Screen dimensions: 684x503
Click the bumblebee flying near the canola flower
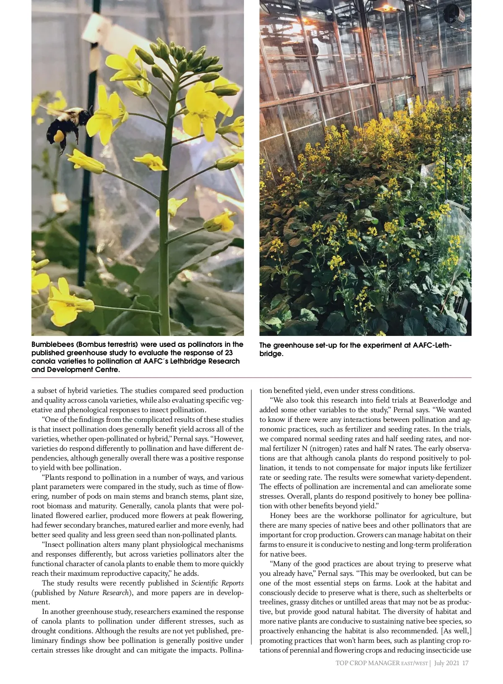(67, 126)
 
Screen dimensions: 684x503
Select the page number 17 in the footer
(465, 663)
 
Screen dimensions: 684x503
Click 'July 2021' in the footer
(446, 663)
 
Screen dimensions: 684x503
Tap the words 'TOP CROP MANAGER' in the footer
(367, 663)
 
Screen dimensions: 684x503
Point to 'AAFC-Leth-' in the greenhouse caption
(432, 345)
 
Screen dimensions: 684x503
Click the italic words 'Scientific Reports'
(217, 583)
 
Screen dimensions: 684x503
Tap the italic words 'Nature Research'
(104, 593)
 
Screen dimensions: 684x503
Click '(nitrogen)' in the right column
(327, 448)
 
